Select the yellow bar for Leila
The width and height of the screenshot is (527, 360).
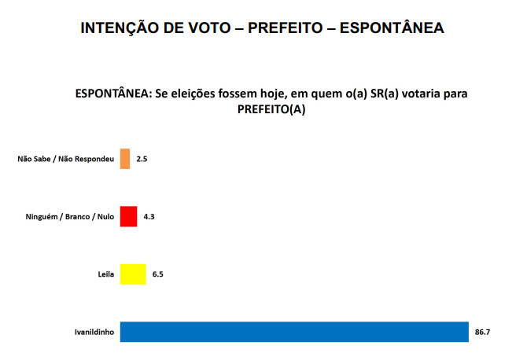(133, 274)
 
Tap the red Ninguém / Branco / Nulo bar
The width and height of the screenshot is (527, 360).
(129, 216)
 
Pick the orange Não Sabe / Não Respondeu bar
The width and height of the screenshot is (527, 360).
(125, 159)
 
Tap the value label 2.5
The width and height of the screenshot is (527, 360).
(142, 159)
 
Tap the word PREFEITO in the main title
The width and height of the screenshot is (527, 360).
(286, 28)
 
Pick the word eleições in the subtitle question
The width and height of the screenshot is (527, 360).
(203, 94)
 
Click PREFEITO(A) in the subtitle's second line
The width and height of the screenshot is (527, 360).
(271, 110)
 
